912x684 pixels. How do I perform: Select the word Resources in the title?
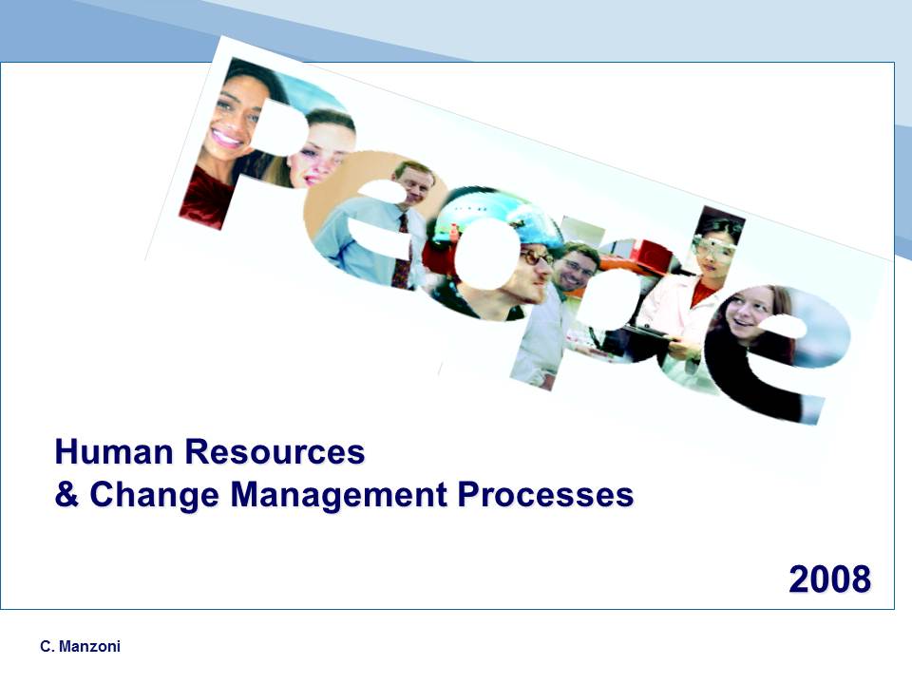tap(275, 451)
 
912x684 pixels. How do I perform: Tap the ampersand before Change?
tap(66, 494)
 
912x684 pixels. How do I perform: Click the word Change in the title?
tap(154, 496)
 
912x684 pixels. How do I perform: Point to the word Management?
tap(338, 496)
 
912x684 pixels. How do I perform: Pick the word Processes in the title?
tap(545, 494)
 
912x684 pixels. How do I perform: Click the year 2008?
tap(830, 579)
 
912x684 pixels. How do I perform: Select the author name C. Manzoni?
tap(80, 646)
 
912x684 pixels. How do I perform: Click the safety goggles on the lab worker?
tap(714, 248)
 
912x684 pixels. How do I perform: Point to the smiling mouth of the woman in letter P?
tap(226, 139)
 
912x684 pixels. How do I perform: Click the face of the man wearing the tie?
tap(414, 182)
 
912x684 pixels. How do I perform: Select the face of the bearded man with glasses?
tap(576, 268)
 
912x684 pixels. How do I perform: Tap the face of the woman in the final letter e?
tap(750, 313)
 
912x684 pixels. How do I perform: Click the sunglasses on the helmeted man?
tap(536, 256)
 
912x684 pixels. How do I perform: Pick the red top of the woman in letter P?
tap(206, 197)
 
